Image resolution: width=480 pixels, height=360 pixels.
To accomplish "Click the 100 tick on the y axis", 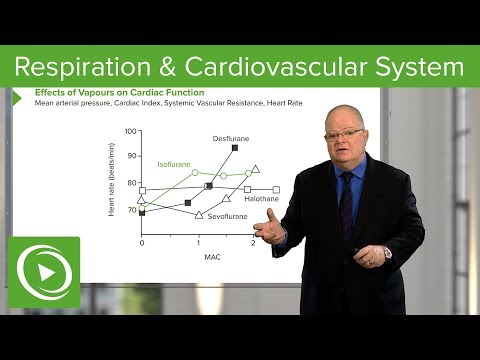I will (x=130, y=132).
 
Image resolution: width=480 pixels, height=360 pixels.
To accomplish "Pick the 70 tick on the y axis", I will (x=132, y=211).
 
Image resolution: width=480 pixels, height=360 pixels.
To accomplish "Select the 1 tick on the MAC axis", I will (x=198, y=244).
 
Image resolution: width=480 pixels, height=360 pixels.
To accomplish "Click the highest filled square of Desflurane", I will (x=234, y=148).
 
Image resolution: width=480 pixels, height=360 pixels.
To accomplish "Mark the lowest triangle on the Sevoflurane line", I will (x=198, y=215).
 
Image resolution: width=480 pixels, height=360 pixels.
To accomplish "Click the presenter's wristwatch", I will (x=386, y=253).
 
